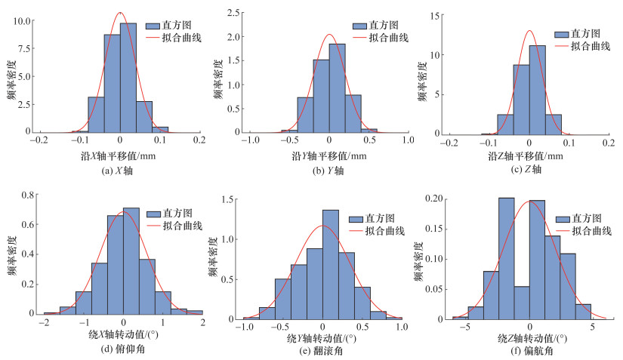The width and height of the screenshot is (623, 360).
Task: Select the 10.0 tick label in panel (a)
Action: (20, 21)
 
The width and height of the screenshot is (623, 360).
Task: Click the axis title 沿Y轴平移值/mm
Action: (328, 156)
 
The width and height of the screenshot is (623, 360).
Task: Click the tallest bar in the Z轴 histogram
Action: (538, 88)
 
